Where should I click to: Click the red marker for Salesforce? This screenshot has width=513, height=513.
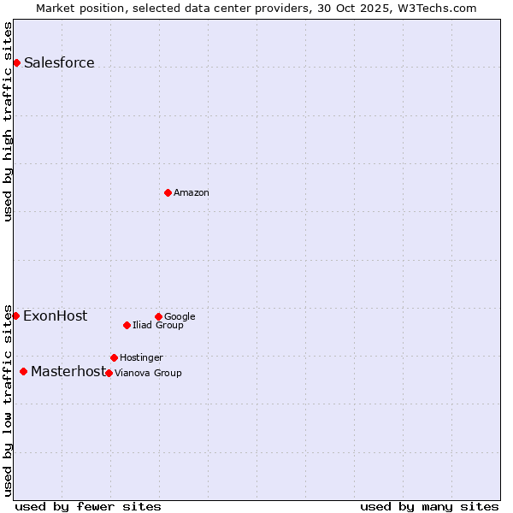(x=16, y=62)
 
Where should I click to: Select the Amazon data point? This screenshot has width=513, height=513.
(x=168, y=192)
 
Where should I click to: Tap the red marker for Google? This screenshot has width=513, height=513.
(x=158, y=316)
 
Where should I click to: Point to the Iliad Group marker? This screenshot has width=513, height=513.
(x=127, y=325)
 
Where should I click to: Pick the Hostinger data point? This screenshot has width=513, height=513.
(x=114, y=357)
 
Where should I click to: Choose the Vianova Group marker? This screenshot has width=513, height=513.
(x=109, y=373)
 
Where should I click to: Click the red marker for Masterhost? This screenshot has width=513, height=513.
(x=23, y=371)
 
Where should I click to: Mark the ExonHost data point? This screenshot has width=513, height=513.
(x=15, y=315)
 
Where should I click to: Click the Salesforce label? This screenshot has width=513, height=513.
(x=59, y=63)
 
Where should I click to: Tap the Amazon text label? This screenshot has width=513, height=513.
(x=192, y=193)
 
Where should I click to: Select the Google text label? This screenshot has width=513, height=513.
(x=180, y=317)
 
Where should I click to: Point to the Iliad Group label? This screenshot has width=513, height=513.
(x=158, y=326)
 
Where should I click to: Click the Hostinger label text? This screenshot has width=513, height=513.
(x=141, y=357)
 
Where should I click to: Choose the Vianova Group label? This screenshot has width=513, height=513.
(x=148, y=373)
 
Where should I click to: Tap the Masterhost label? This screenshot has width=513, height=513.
(x=68, y=372)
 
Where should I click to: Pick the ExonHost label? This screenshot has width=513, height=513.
(x=55, y=316)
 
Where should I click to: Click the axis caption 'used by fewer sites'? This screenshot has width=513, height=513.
(x=88, y=506)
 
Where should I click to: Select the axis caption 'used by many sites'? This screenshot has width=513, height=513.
(x=429, y=506)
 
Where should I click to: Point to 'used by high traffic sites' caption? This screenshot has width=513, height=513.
(x=9, y=121)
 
